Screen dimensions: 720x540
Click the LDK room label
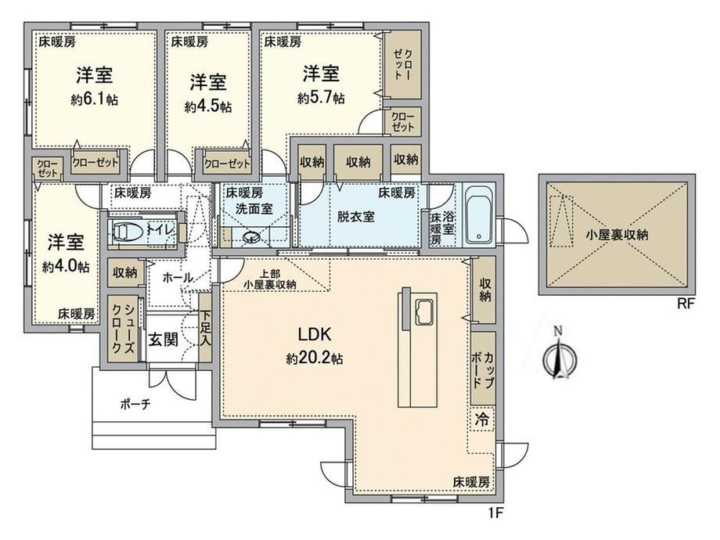(x=315, y=334)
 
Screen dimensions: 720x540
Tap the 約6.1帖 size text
(x=95, y=99)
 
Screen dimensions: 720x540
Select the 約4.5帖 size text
(x=208, y=107)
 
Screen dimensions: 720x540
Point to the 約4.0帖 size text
(x=66, y=266)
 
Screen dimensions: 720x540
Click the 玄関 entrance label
(x=163, y=340)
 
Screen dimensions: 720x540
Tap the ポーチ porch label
(x=135, y=405)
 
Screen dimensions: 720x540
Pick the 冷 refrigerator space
(x=482, y=419)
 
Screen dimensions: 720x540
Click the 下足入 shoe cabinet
(x=205, y=328)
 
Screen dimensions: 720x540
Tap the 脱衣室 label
(x=356, y=216)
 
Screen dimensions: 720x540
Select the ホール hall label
(x=178, y=277)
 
